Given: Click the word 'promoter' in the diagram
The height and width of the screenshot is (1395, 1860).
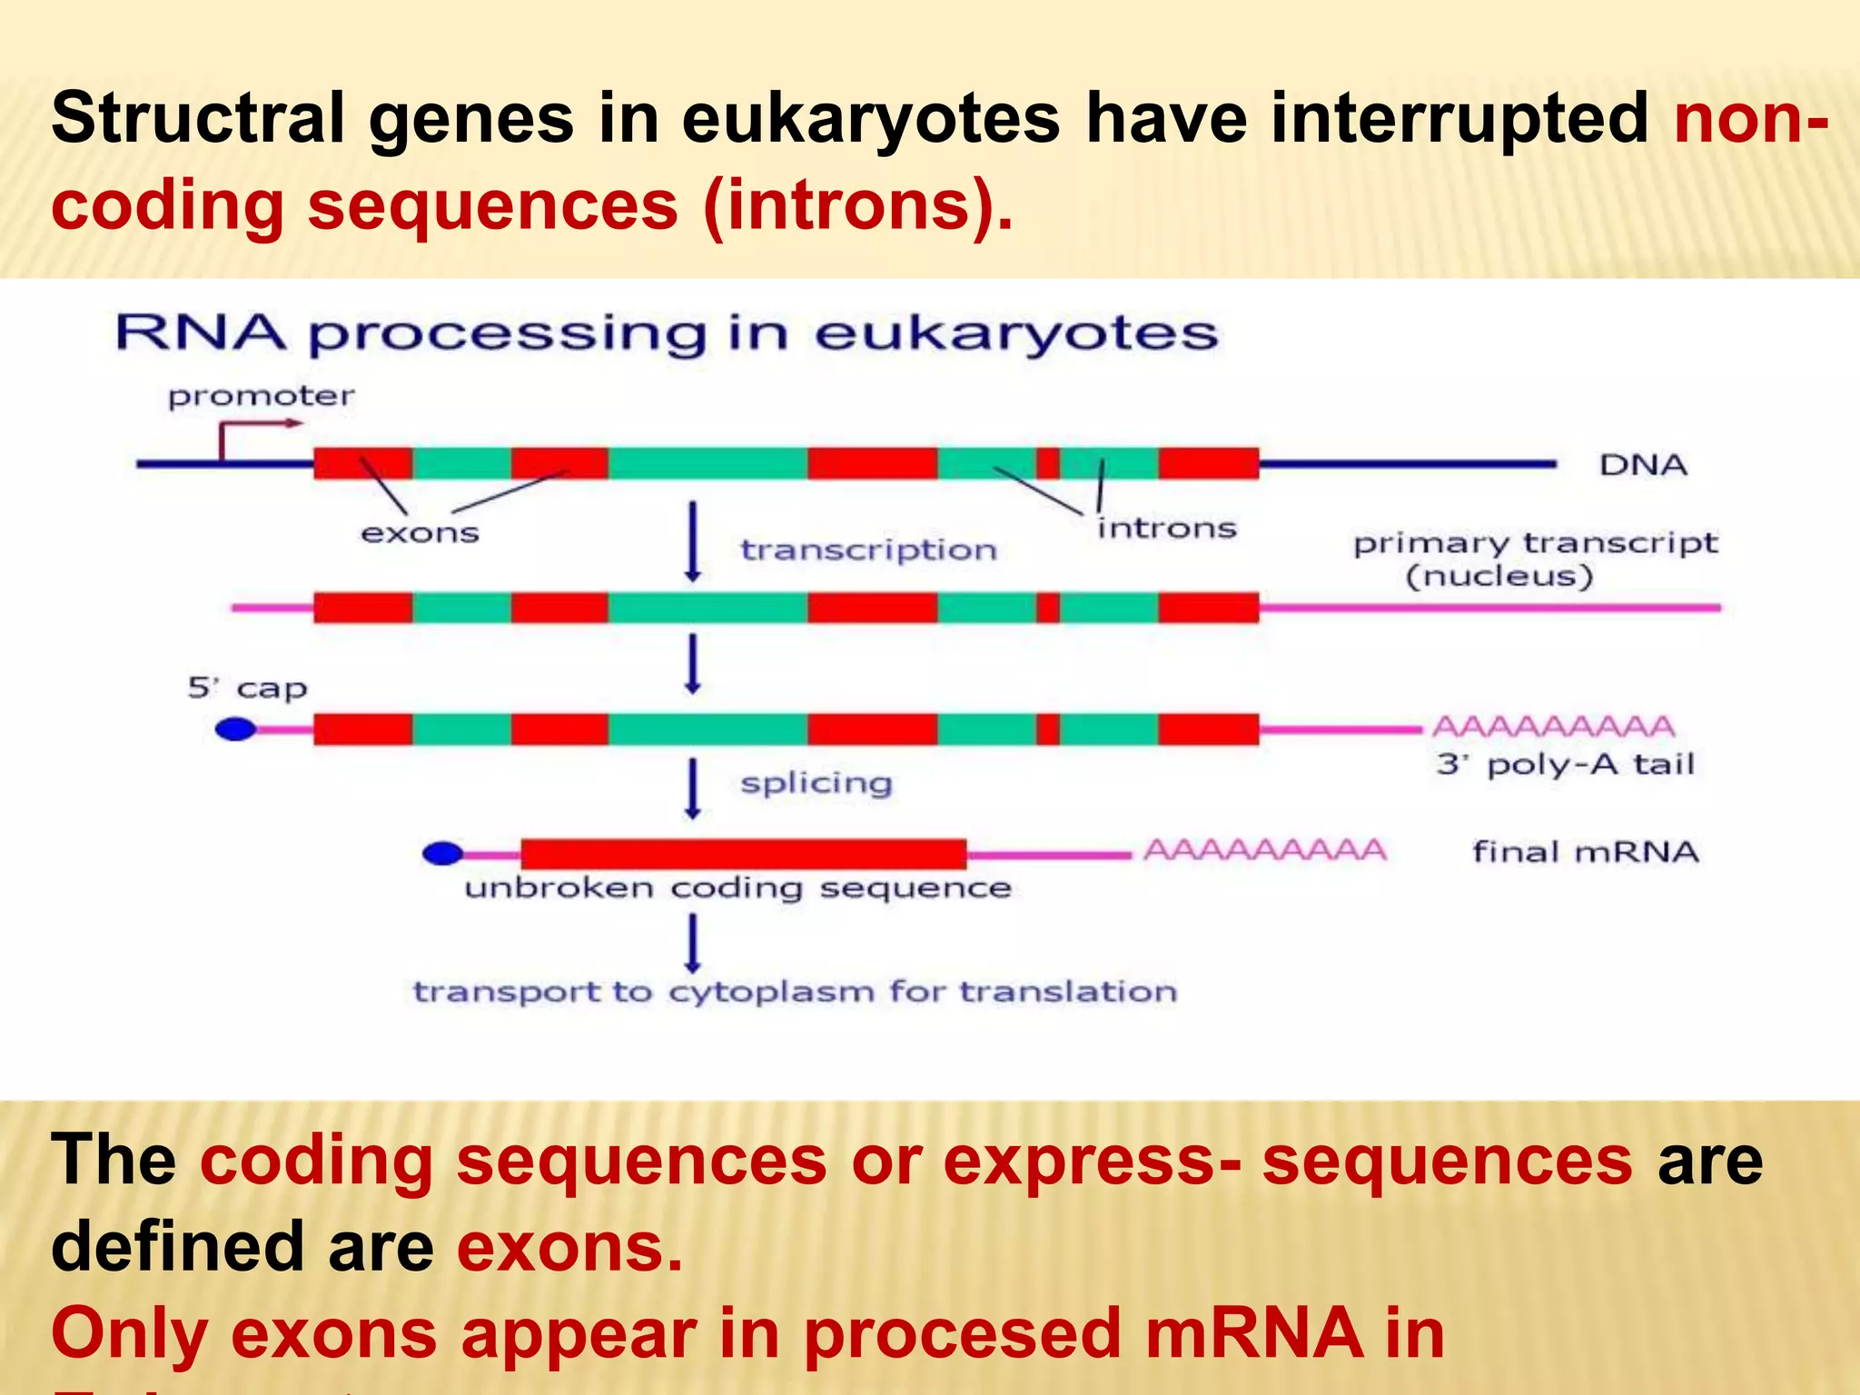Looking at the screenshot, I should pyautogui.click(x=261, y=396).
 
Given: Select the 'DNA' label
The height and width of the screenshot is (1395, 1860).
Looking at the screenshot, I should pyautogui.click(x=1642, y=465).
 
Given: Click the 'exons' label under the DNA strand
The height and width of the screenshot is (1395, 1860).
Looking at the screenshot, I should pyautogui.click(x=420, y=533).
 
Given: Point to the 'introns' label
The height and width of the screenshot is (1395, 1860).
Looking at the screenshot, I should pyautogui.click(x=1166, y=529).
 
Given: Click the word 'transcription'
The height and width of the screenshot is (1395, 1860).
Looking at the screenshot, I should pyautogui.click(x=868, y=550).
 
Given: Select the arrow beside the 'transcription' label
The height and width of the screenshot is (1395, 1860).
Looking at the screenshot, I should pyautogui.click(x=693, y=541).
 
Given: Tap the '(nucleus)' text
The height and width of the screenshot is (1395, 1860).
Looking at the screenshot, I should pyautogui.click(x=1499, y=577).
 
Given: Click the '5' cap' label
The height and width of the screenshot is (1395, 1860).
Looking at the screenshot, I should pyautogui.click(x=247, y=688).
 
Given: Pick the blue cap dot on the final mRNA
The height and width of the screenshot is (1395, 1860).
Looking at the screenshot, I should pyautogui.click(x=443, y=853).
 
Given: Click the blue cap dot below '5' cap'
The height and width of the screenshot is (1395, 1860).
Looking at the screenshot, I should pyautogui.click(x=235, y=728).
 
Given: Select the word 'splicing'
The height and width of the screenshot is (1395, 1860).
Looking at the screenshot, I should pyautogui.click(x=816, y=783).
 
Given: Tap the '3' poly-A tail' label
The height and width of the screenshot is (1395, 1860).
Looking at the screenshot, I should pyautogui.click(x=1565, y=765).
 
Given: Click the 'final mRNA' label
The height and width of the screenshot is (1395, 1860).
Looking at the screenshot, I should pyautogui.click(x=1585, y=852).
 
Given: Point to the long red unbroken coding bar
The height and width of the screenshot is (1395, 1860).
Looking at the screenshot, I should pyautogui.click(x=743, y=854).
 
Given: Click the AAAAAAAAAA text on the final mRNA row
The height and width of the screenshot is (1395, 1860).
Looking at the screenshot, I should pyautogui.click(x=1264, y=851).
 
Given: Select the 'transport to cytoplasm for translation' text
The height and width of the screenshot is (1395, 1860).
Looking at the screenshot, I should pyautogui.click(x=795, y=992).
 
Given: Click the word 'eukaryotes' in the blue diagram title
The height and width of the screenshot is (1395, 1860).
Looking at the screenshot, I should pyautogui.click(x=1015, y=333).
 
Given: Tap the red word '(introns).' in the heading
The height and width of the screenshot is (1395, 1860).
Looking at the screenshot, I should pyautogui.click(x=857, y=205).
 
